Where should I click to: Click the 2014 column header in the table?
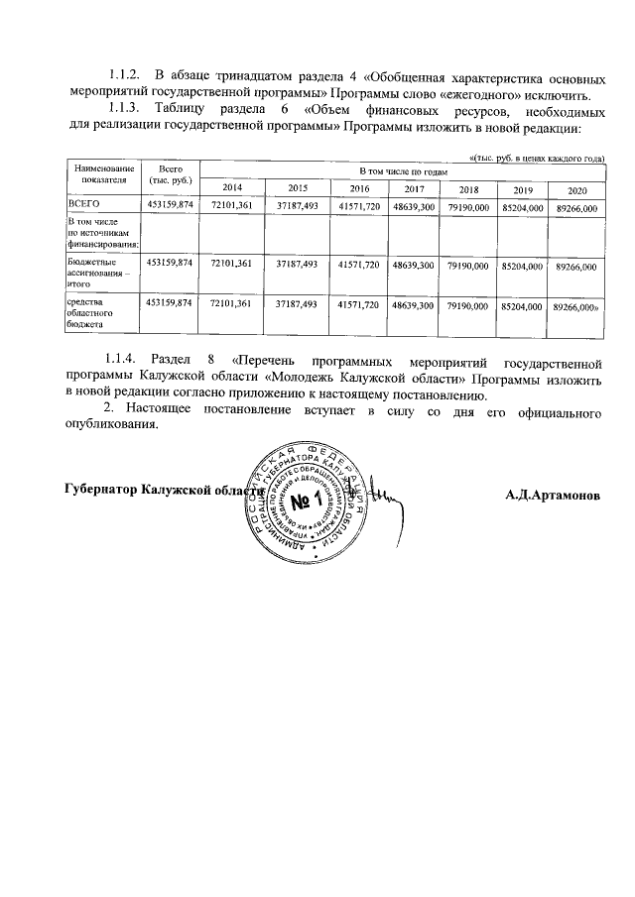tap(231, 188)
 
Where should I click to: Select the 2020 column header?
tap(576, 189)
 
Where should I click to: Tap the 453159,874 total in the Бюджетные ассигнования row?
tap(171, 265)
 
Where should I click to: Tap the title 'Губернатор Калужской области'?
tap(164, 490)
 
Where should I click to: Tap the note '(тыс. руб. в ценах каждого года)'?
tap(537, 159)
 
